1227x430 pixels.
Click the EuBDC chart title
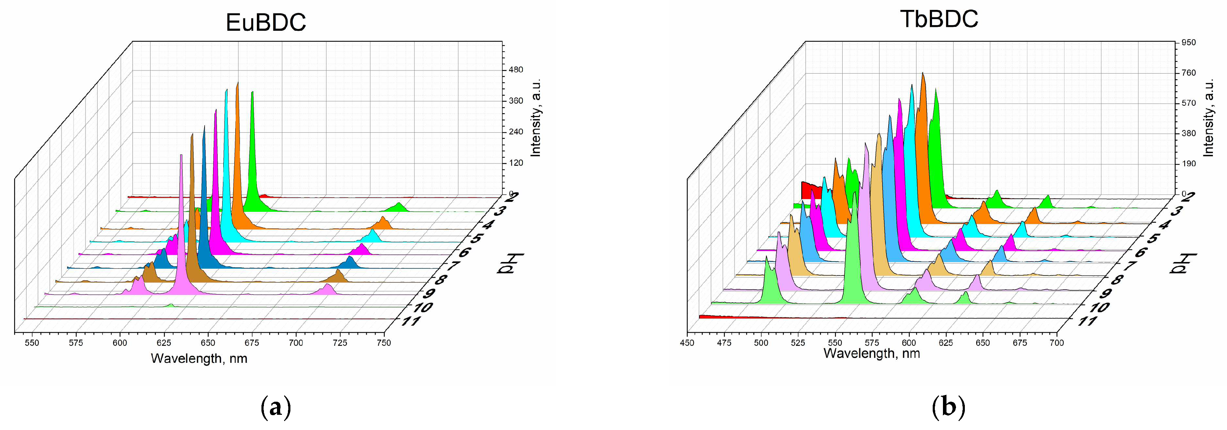coord(265,22)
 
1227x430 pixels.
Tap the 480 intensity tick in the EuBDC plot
coord(515,70)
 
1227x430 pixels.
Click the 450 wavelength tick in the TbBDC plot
coord(687,343)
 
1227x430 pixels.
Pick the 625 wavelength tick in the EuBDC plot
coord(164,343)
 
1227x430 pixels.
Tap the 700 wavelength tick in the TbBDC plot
coord(1056,343)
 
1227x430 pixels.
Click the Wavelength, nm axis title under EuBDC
coord(199,359)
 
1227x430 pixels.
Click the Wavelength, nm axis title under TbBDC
coord(872,353)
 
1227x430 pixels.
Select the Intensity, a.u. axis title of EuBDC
coord(536,118)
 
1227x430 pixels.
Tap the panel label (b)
coord(948,408)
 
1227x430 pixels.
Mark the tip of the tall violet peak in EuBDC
coord(181,155)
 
